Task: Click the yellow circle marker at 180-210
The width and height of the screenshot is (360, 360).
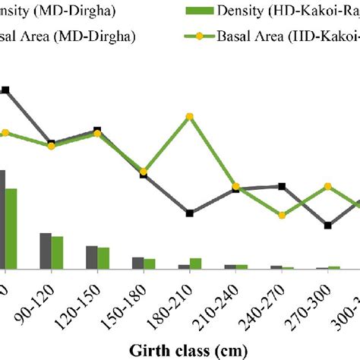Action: (x=190, y=116)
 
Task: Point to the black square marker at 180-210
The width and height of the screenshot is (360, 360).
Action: (x=190, y=213)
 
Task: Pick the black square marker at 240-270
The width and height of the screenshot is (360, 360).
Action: (x=282, y=186)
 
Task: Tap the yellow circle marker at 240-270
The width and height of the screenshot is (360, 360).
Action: (x=282, y=215)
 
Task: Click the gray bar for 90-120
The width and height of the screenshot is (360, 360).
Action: (x=46, y=250)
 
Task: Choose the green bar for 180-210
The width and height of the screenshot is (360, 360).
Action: (x=196, y=263)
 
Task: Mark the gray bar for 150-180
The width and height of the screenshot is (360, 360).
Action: (x=137, y=262)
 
